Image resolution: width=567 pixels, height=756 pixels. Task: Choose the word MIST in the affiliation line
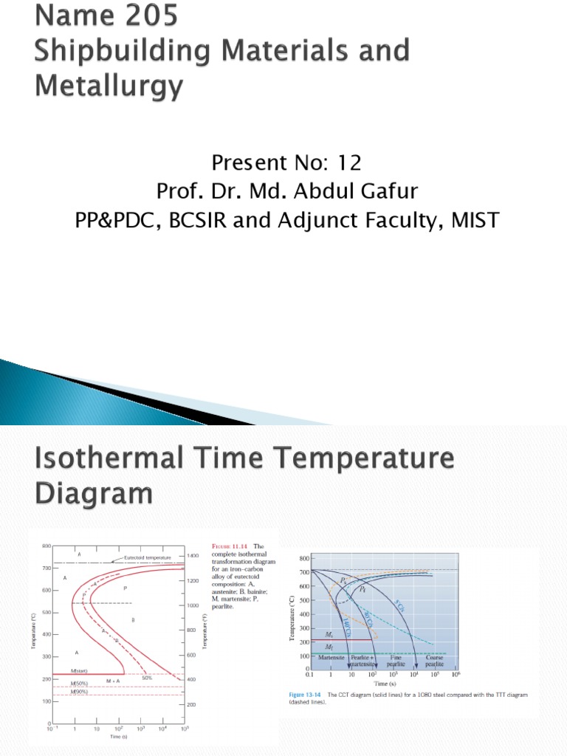tap(469, 220)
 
